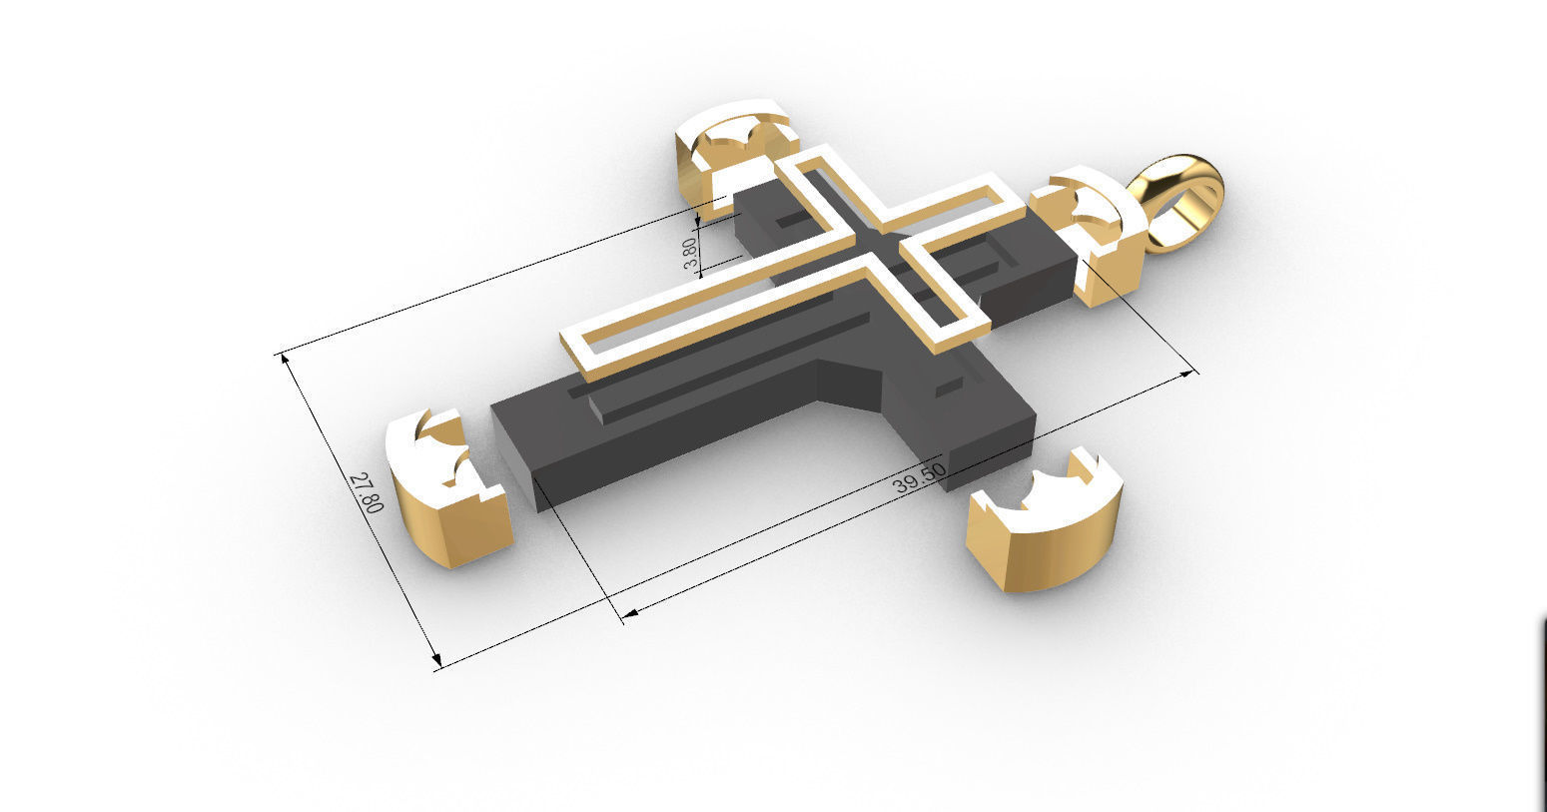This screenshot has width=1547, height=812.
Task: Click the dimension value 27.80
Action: coord(367,491)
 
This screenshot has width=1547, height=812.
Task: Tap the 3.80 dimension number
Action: coord(690,253)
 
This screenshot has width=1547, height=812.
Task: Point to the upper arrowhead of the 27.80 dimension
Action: coord(287,358)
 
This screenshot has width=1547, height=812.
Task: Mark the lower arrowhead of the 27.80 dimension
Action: coord(435,661)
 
